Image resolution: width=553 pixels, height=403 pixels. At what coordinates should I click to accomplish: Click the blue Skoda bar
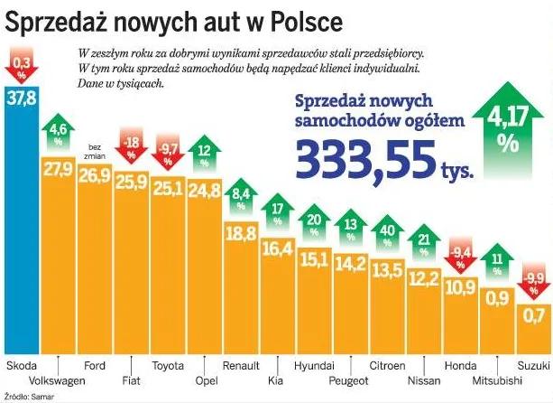(x=20, y=226)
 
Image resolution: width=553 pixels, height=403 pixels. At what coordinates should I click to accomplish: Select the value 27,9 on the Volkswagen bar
(x=57, y=169)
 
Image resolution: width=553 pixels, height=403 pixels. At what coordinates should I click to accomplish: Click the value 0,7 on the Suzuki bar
(x=534, y=316)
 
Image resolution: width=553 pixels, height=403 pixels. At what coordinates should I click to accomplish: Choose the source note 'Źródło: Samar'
(x=26, y=396)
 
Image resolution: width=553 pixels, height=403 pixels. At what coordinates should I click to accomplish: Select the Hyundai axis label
(x=315, y=366)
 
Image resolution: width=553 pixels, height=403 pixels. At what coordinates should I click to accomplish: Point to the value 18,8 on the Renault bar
(x=241, y=233)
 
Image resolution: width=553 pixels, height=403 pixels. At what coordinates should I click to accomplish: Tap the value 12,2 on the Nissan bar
(x=424, y=278)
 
